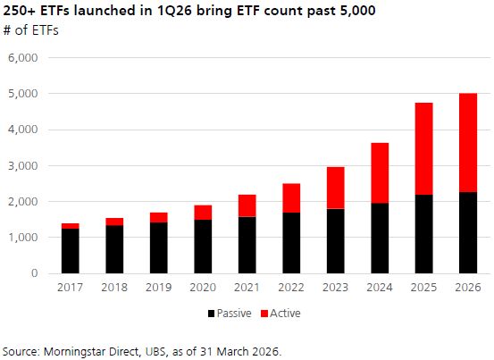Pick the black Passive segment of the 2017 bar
[x=70, y=251]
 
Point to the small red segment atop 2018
[x=113, y=222]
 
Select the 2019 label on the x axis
[x=158, y=288]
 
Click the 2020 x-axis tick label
[x=202, y=288]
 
